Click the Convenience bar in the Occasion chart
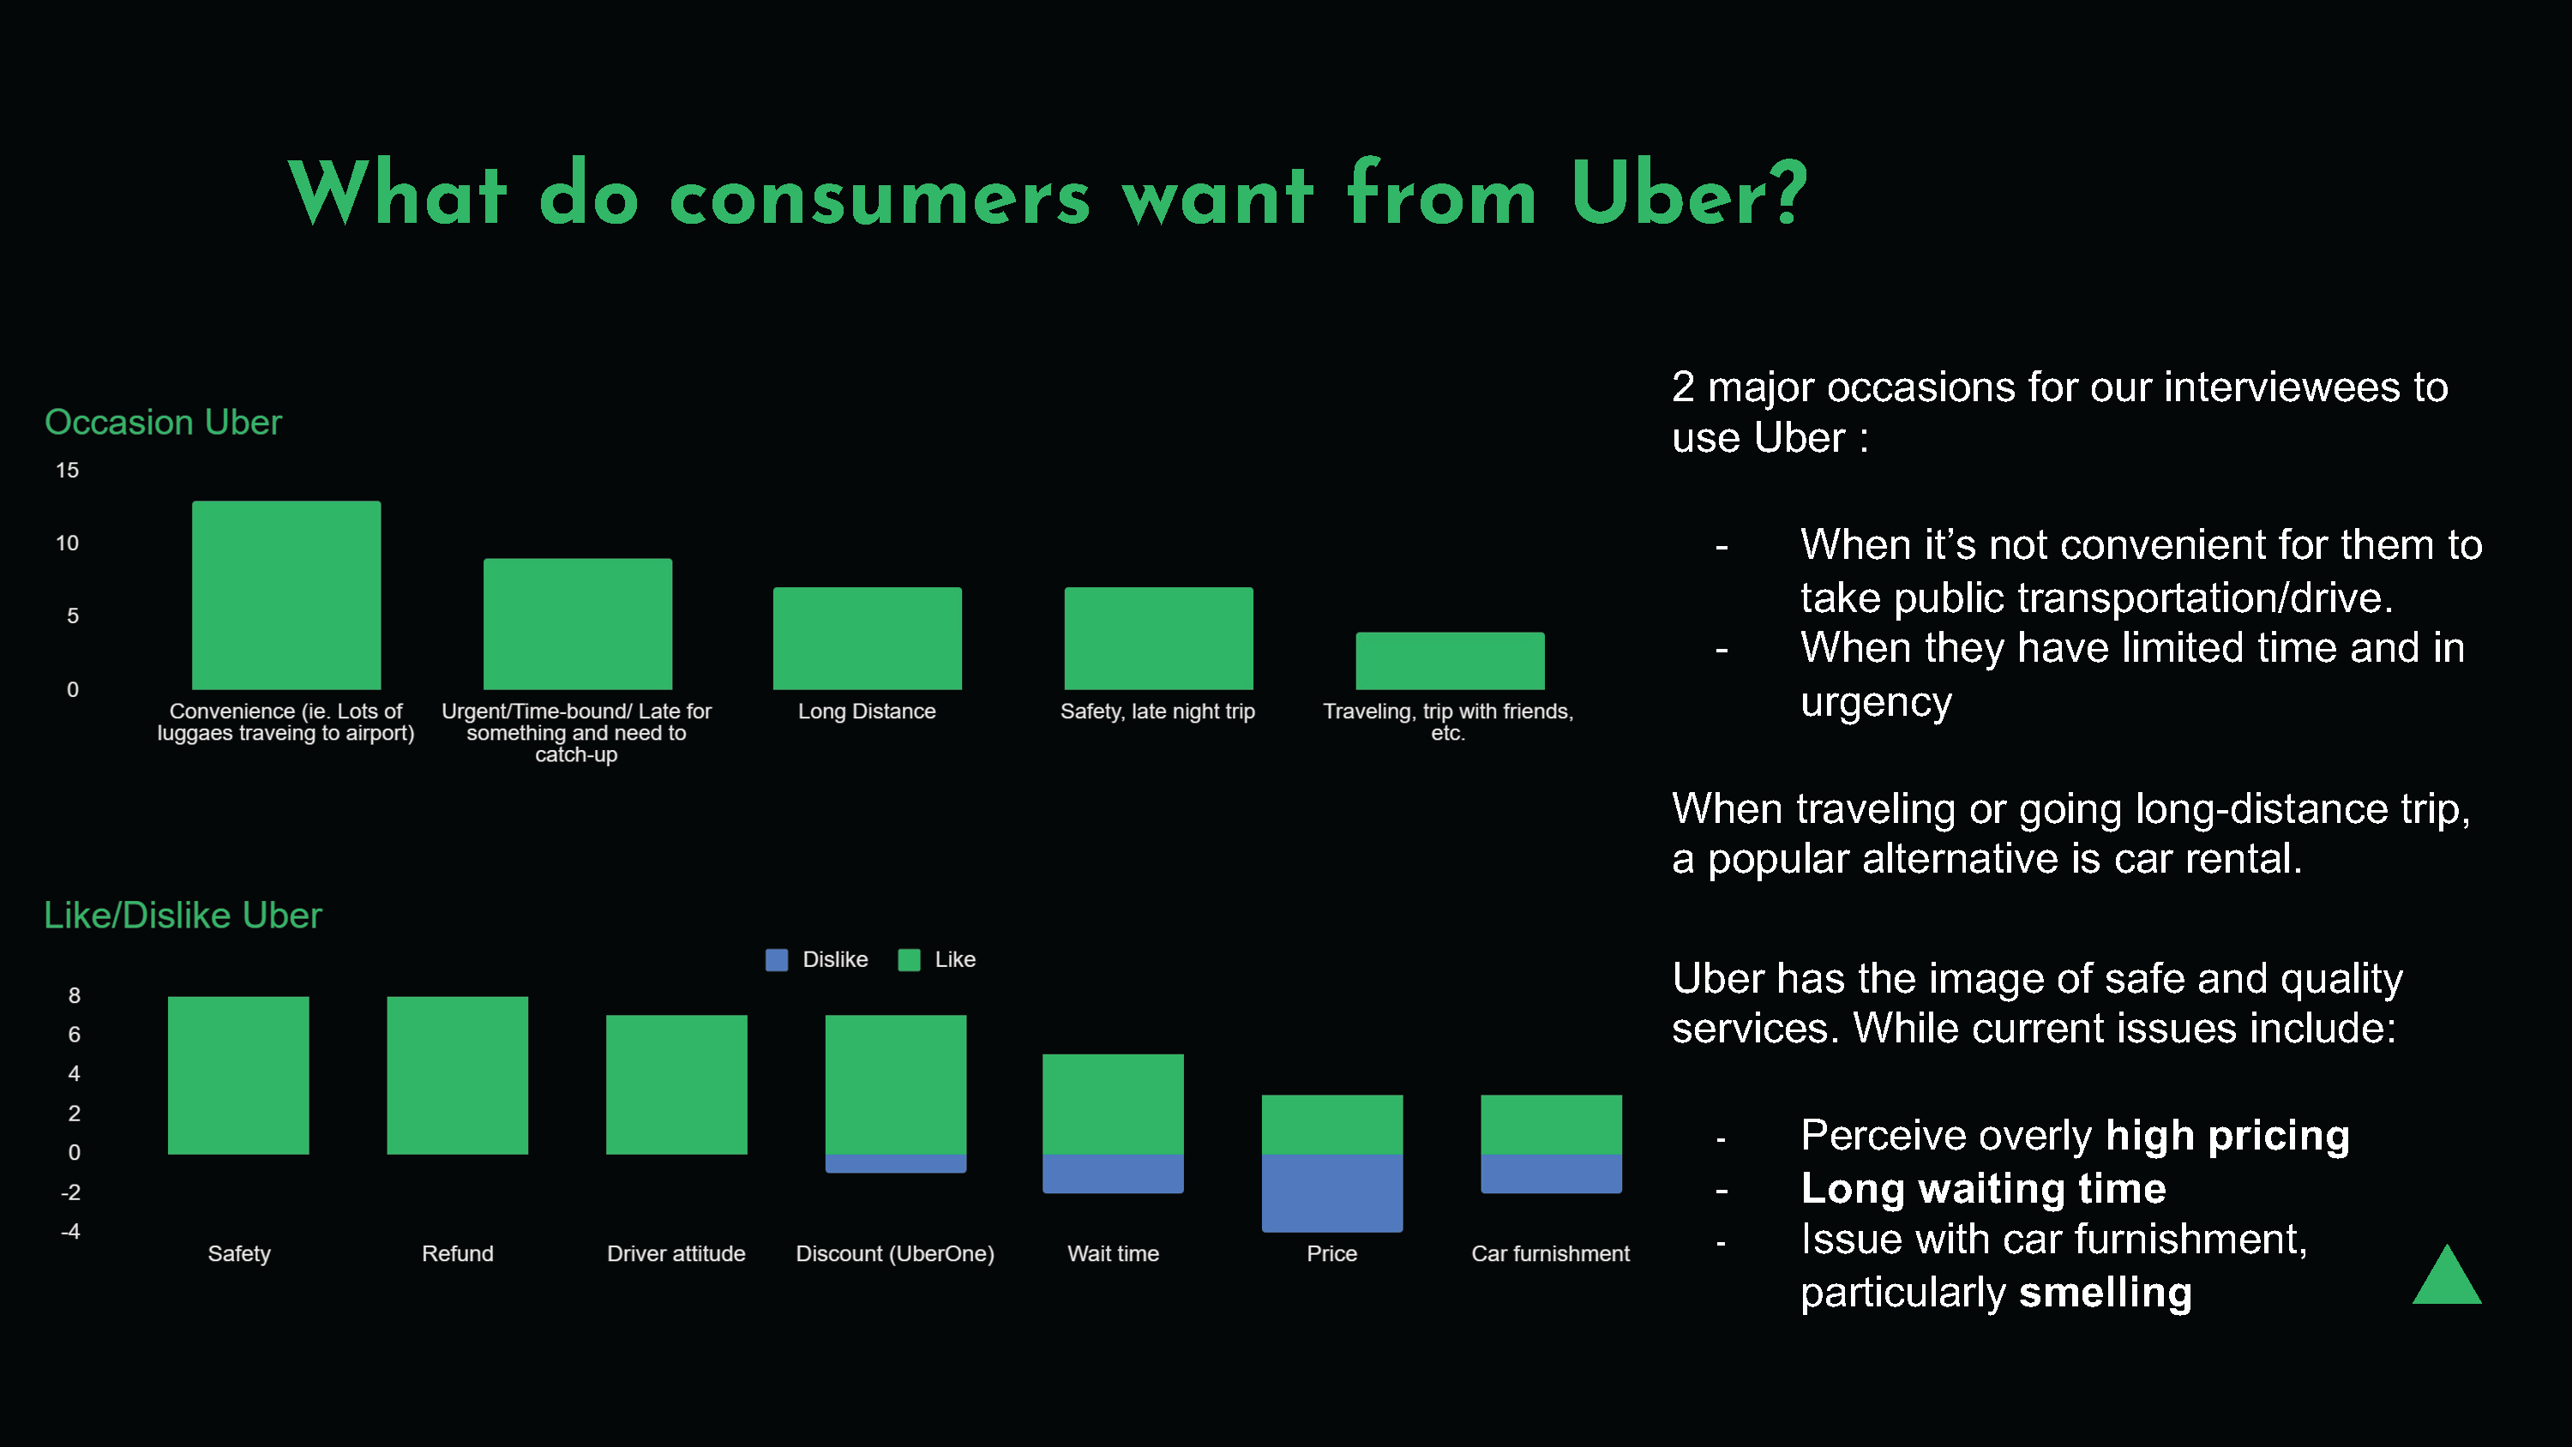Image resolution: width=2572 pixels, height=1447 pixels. [285, 595]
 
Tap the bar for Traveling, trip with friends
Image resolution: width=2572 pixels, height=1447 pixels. [1449, 660]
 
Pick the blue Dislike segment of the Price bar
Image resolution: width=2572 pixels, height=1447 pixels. [1332, 1192]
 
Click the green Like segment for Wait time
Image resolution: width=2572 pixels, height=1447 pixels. [1114, 1103]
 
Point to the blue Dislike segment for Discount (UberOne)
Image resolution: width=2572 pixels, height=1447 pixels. [896, 1163]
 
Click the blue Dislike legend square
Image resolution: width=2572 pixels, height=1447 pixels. [777, 960]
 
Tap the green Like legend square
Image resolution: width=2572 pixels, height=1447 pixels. [909, 960]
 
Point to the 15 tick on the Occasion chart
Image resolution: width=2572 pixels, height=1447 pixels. [67, 471]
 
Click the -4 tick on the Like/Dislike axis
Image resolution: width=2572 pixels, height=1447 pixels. [70, 1231]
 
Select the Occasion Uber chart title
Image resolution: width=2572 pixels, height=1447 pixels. [163, 423]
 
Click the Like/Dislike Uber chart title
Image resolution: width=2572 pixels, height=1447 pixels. [183, 916]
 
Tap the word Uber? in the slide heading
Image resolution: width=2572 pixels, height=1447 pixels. [1688, 194]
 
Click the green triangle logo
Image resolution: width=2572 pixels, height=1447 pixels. [2446, 1278]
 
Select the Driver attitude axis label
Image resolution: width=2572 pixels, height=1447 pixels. [676, 1253]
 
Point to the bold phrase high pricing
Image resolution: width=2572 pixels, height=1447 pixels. [2226, 1136]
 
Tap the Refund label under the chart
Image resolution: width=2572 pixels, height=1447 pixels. [457, 1253]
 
